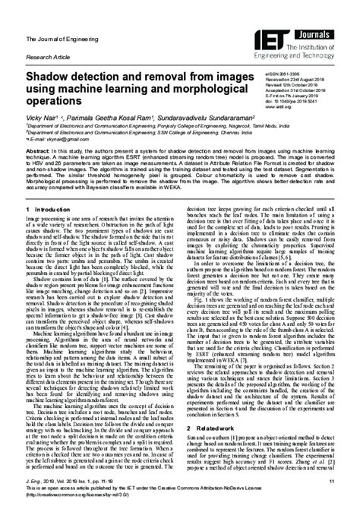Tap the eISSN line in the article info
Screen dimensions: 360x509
point(274,71)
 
